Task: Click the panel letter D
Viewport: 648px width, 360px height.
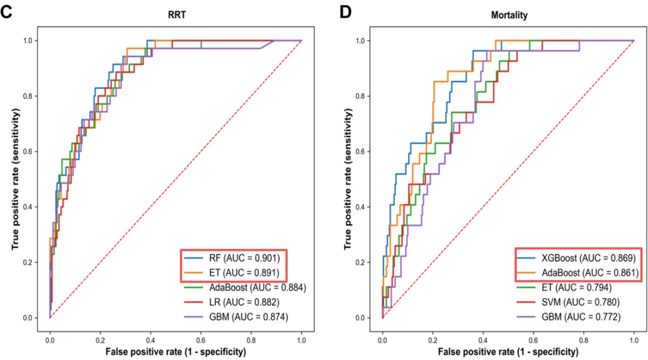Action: click(346, 12)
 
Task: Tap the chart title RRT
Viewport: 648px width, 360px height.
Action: click(176, 16)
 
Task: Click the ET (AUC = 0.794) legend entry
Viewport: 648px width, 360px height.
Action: click(566, 287)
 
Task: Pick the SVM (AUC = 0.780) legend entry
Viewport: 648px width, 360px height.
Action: click(569, 302)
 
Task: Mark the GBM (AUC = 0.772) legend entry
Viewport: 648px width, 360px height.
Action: click(570, 316)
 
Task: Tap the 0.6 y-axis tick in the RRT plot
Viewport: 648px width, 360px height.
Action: click(37, 151)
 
